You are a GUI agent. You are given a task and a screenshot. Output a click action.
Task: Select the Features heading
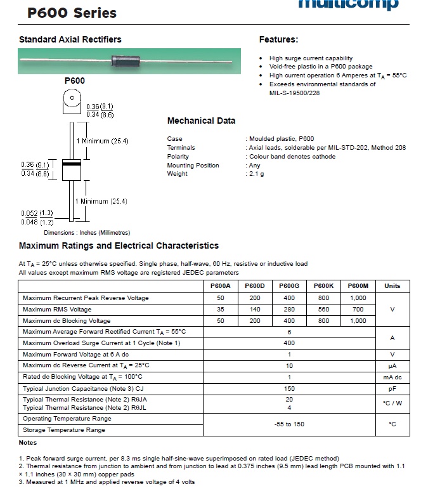coord(278,39)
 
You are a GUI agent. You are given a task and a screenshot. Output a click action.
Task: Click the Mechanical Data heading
coord(201,121)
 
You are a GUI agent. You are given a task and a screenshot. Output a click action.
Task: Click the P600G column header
coord(289,286)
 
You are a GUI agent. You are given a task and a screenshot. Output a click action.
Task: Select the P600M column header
coord(358,286)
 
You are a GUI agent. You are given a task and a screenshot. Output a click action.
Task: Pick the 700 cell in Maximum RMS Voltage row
coord(358,310)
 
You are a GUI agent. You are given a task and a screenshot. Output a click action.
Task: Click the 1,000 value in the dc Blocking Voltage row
coord(358,321)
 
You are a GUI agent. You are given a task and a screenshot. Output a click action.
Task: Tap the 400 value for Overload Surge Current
coord(289,343)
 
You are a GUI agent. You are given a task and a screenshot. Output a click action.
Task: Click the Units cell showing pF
coord(392,388)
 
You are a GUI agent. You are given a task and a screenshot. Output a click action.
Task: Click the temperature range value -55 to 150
coord(289,424)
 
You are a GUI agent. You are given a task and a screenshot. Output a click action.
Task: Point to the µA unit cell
coord(392,366)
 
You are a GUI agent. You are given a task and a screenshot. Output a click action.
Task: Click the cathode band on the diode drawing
coord(72,163)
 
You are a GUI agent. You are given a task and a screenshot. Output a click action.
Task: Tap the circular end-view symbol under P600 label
coord(72,100)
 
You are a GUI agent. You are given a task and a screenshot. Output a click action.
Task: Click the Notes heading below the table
coord(28,443)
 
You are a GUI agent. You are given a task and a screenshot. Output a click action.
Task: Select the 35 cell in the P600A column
coord(220,310)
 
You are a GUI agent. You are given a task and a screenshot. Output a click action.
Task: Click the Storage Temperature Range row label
coord(64,430)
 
